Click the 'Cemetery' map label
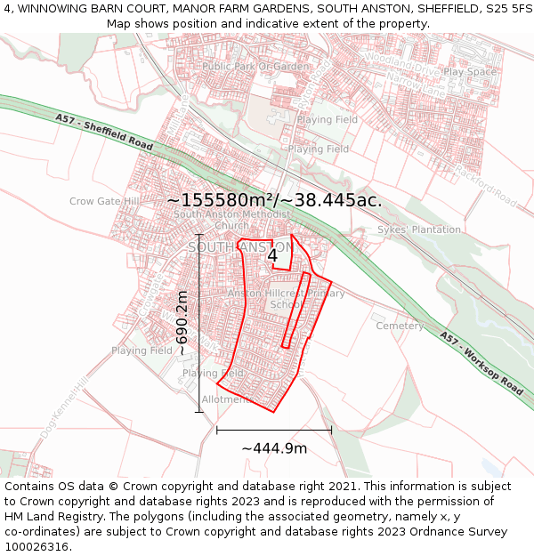pyautogui.click(x=400, y=326)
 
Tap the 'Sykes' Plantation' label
pyautogui.click(x=419, y=230)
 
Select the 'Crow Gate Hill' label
pyautogui.click(x=104, y=202)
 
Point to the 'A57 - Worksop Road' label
pyautogui.click(x=481, y=363)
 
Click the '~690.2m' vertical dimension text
pyautogui.click(x=182, y=323)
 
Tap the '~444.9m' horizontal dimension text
pyautogui.click(x=274, y=448)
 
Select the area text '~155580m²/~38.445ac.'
pyautogui.click(x=274, y=201)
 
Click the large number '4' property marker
pyautogui.click(x=272, y=255)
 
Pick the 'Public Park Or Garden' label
pyautogui.click(x=255, y=67)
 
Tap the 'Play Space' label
pyautogui.click(x=470, y=72)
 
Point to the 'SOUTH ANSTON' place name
pyautogui.click(x=239, y=246)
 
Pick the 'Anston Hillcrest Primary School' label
pyautogui.click(x=286, y=299)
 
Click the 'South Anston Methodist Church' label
pyautogui.click(x=232, y=220)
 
